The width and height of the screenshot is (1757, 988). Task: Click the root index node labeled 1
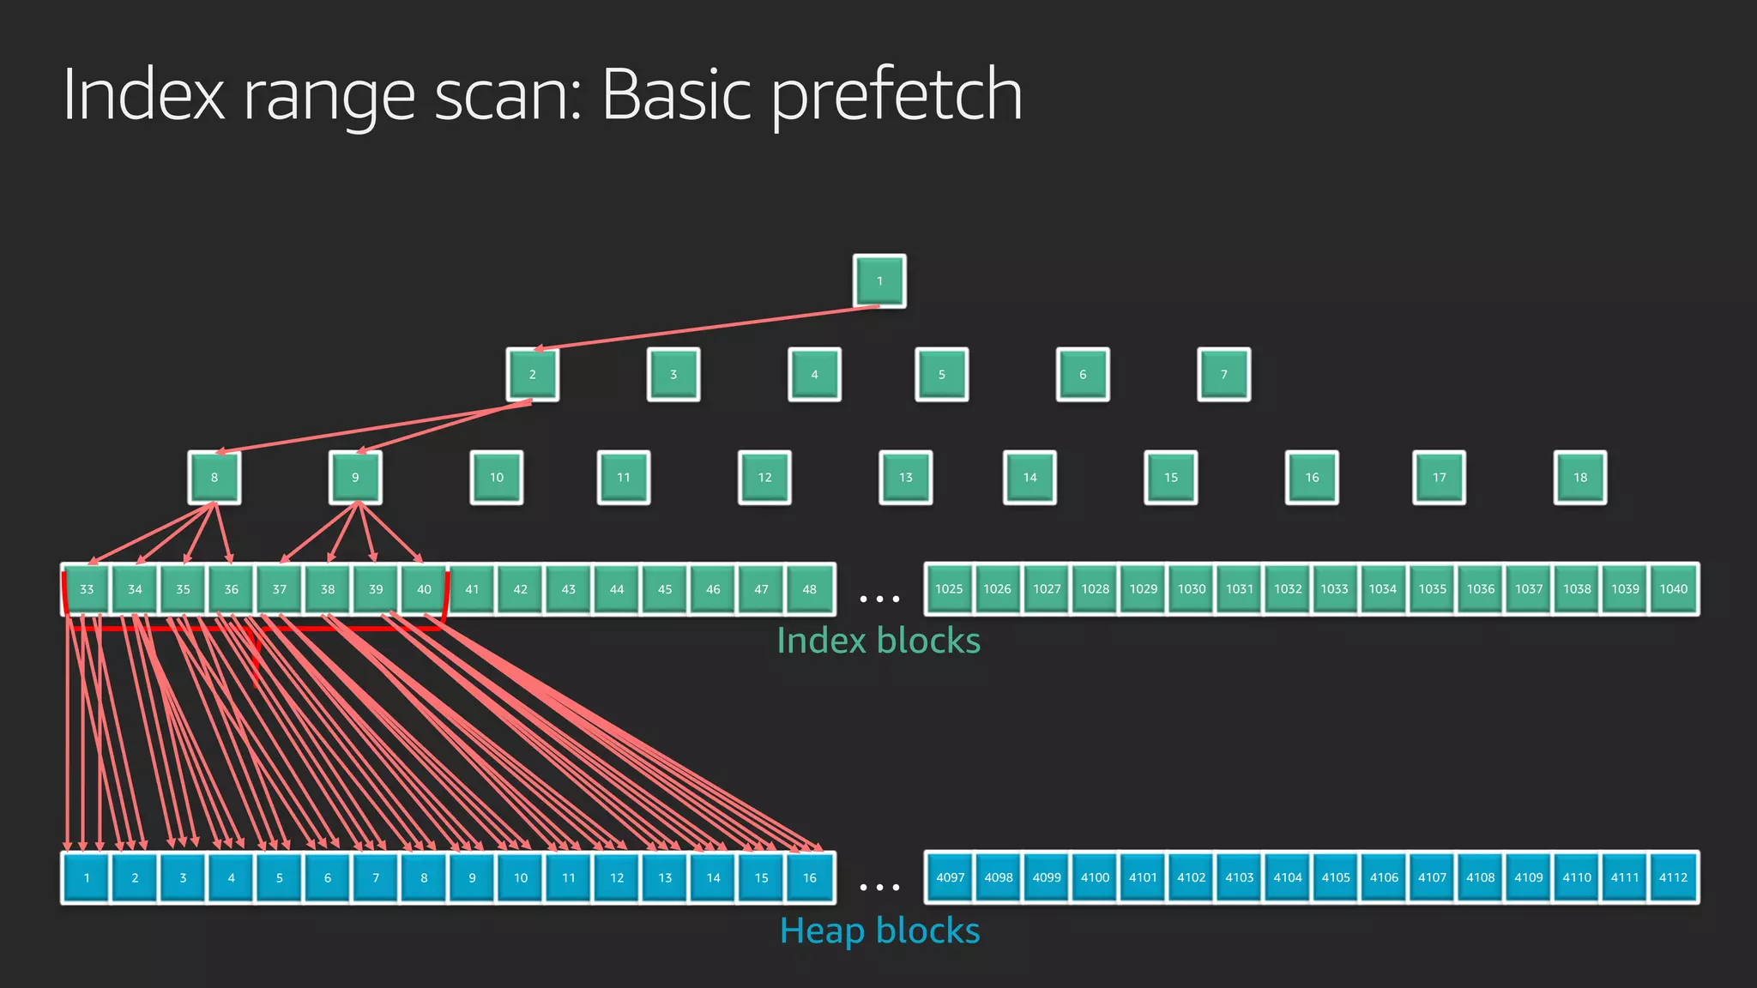879,280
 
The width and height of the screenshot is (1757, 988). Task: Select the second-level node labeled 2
532,375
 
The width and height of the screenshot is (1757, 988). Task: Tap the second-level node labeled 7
1223,375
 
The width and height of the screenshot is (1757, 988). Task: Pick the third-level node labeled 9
355,478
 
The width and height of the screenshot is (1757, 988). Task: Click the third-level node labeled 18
1580,478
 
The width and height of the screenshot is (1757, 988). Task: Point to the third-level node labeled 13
906,478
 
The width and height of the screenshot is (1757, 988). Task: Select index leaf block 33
87,589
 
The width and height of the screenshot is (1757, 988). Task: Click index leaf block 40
424,589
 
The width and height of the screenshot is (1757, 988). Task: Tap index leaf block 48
809,589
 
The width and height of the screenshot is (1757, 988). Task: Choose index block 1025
949,589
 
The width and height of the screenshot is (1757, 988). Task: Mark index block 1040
1673,589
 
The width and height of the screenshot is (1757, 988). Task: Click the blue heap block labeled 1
87,877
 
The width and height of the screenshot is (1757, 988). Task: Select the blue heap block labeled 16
809,877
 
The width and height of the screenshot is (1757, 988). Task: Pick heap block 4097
950,877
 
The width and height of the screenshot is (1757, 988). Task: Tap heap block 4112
1673,877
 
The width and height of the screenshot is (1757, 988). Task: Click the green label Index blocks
878,641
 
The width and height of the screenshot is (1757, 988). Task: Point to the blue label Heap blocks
879,931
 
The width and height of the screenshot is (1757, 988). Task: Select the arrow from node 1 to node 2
703,328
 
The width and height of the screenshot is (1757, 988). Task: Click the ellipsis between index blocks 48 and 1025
879,599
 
